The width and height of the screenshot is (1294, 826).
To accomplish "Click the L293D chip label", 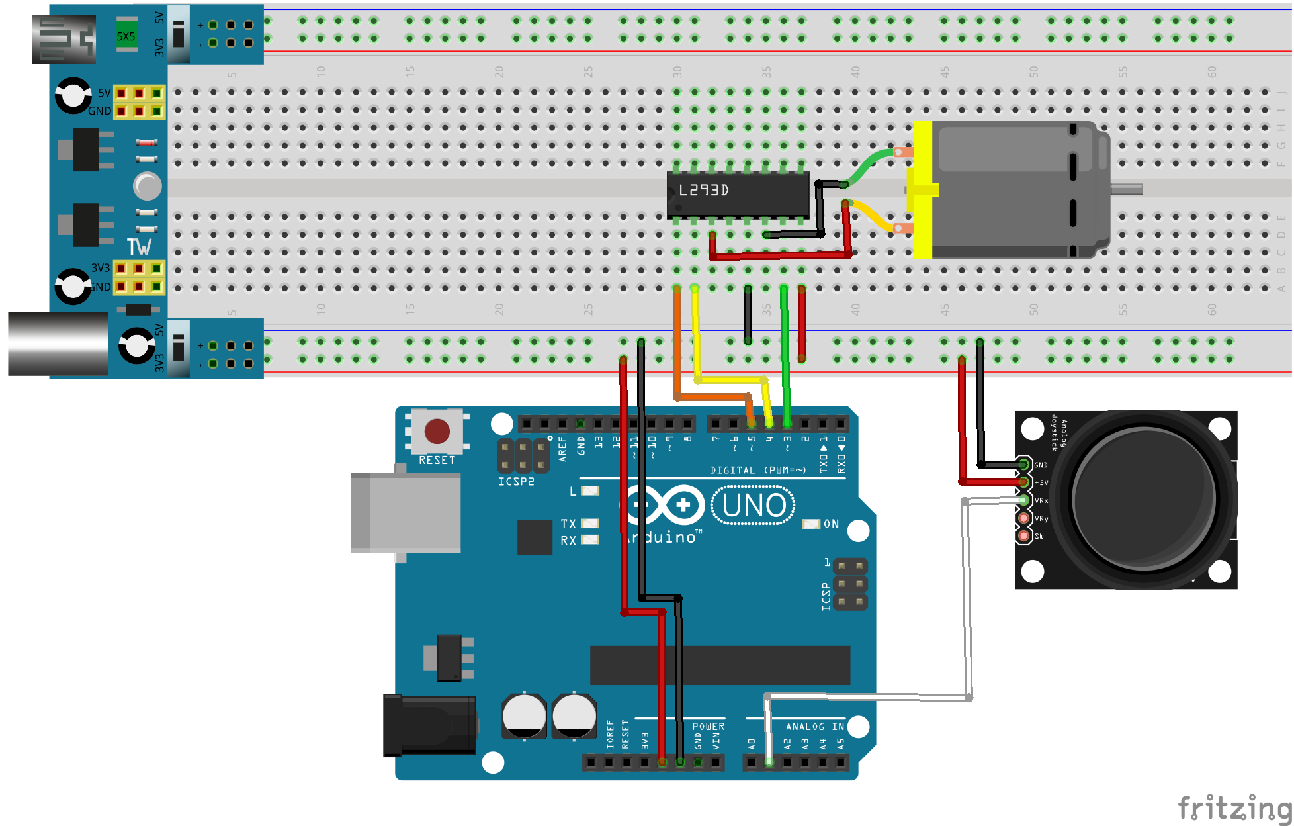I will pyautogui.click(x=704, y=191).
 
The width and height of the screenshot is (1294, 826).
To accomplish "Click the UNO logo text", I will pyautogui.click(x=754, y=506).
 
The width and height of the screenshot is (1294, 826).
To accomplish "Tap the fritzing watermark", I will pyautogui.click(x=1234, y=808).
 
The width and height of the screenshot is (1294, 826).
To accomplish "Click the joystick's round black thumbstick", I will pyautogui.click(x=1144, y=498).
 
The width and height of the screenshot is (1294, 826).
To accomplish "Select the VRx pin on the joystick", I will pyautogui.click(x=1023, y=500).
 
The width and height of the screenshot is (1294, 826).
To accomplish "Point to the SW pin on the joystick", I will pyautogui.click(x=1023, y=535).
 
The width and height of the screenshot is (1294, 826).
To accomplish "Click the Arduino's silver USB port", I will pyautogui.click(x=406, y=513).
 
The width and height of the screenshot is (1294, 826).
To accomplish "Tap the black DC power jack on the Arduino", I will pyautogui.click(x=429, y=725).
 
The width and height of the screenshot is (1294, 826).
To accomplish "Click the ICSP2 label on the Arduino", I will pyautogui.click(x=516, y=482).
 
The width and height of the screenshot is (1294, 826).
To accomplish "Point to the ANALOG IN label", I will pyautogui.click(x=814, y=727).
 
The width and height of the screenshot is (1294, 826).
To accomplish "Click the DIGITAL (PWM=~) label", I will pyautogui.click(x=757, y=471).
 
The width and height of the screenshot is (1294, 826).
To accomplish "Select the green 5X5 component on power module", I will pyautogui.click(x=126, y=36).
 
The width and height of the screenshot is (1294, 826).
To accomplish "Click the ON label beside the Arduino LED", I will pyautogui.click(x=831, y=524).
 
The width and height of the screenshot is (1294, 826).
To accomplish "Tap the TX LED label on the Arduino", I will pyautogui.click(x=568, y=524).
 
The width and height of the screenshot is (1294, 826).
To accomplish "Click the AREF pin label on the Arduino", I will pyautogui.click(x=562, y=448).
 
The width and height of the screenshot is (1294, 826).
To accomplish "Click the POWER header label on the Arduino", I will pyautogui.click(x=708, y=727).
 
